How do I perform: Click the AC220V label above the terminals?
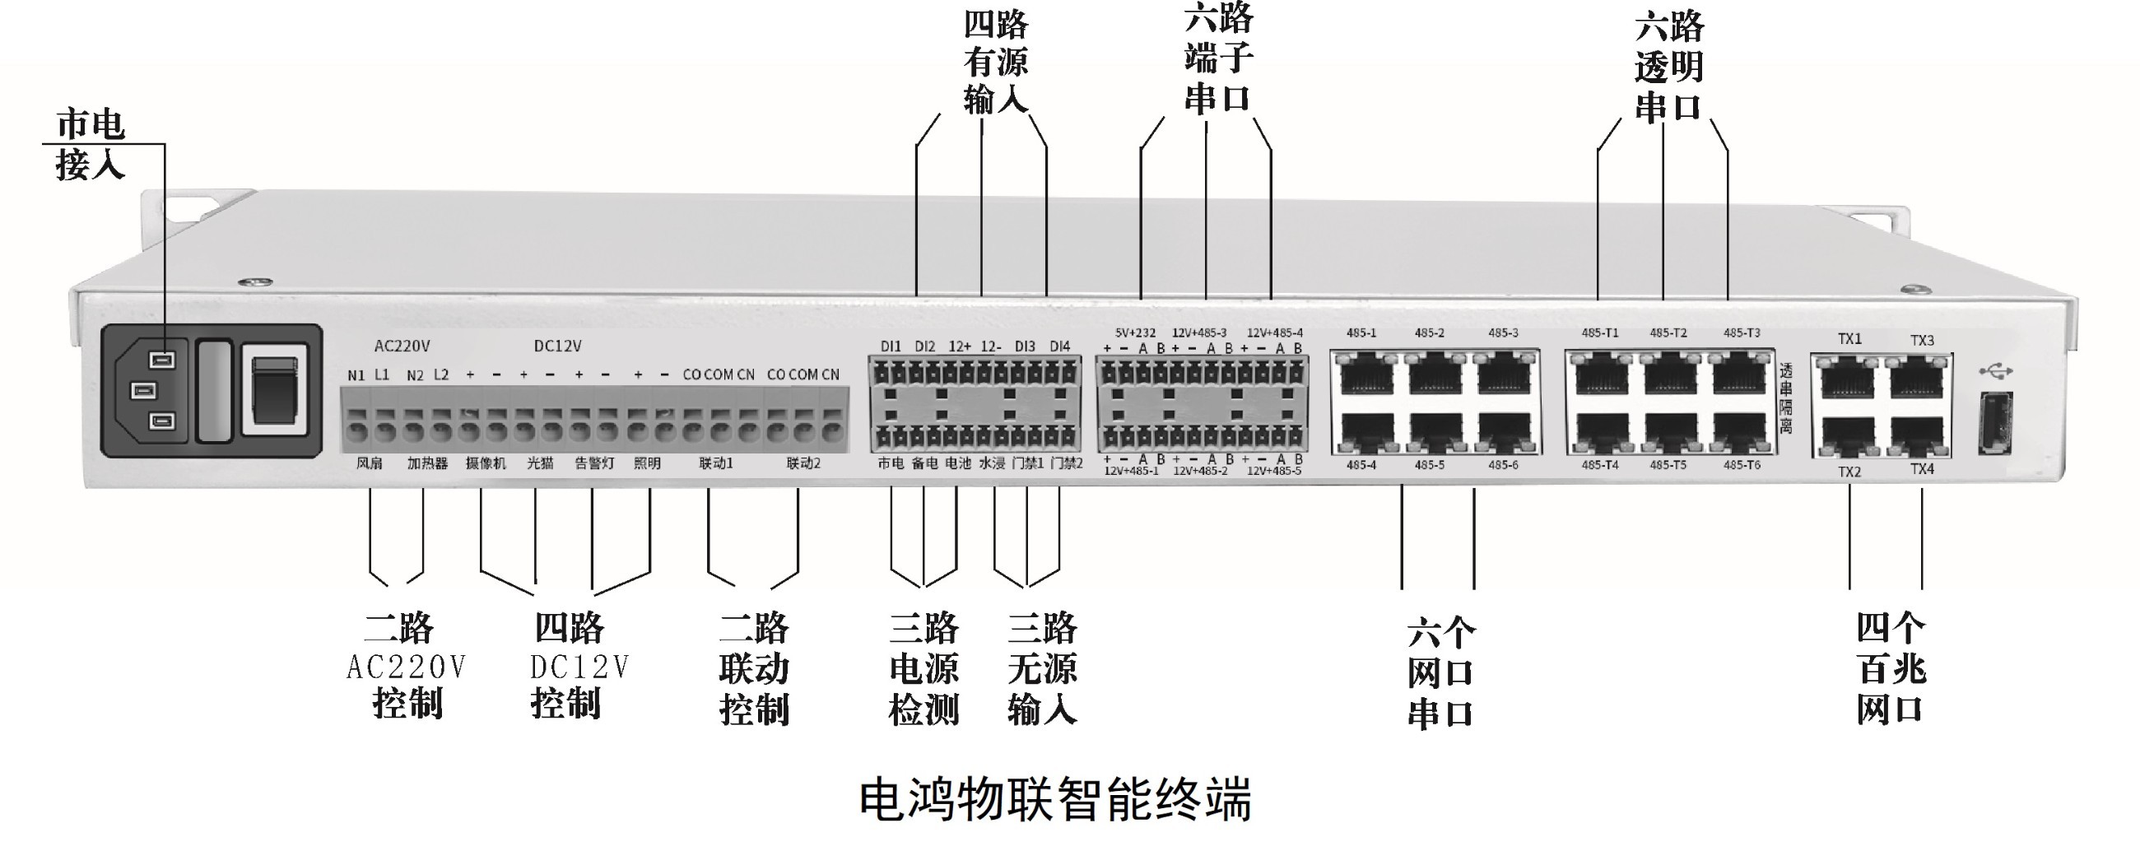tap(402, 346)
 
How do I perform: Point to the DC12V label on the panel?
tap(557, 346)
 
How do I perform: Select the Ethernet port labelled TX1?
tap(1848, 378)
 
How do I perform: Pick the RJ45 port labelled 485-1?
tap(1365, 374)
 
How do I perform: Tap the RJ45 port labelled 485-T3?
tap(1740, 374)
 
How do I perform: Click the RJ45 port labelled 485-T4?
tap(1601, 433)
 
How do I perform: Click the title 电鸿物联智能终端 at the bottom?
tap(1054, 799)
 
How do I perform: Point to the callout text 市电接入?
tap(90, 145)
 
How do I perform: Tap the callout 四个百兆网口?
tap(1891, 669)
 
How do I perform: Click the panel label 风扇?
tap(369, 463)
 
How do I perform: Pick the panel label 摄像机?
tap(485, 463)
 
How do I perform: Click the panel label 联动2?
tap(803, 463)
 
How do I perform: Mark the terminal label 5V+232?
tap(1135, 333)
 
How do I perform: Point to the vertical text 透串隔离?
tap(1785, 399)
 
